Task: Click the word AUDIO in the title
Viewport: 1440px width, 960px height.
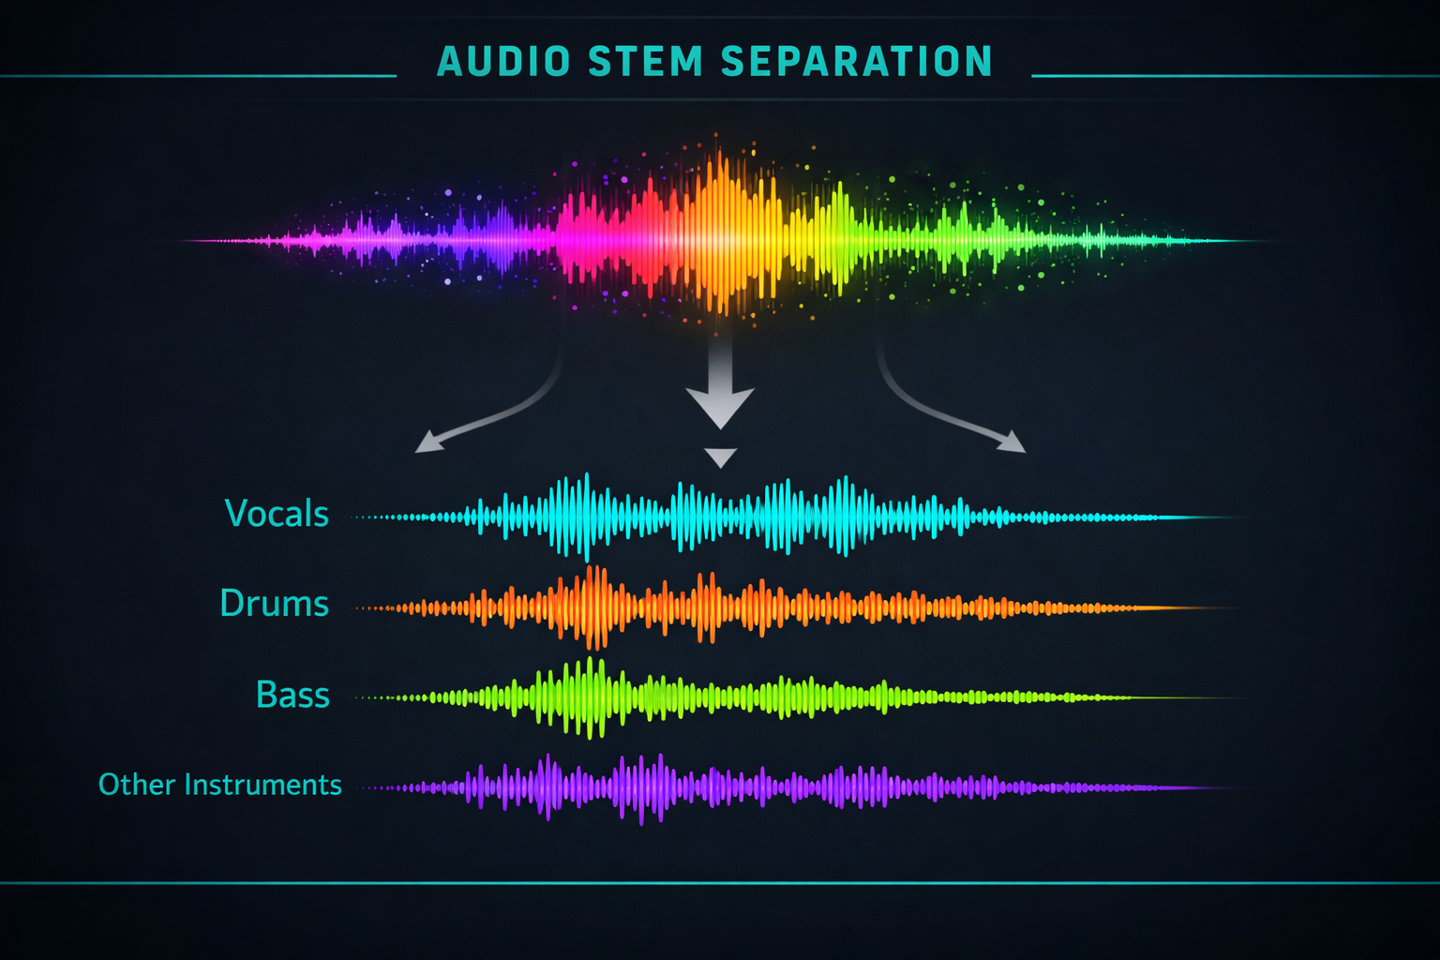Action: pyautogui.click(x=503, y=61)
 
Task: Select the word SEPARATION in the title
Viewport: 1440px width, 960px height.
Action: pyautogui.click(x=857, y=61)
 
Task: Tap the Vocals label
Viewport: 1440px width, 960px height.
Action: pyautogui.click(x=277, y=514)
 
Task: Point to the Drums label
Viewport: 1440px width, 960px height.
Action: pyautogui.click(x=275, y=603)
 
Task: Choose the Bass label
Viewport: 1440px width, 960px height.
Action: pyautogui.click(x=292, y=695)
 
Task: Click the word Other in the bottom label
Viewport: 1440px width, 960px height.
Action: pyautogui.click(x=137, y=785)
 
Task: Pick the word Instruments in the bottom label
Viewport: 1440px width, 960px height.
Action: pyautogui.click(x=262, y=785)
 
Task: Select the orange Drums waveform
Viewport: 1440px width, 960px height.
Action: pyautogui.click(x=797, y=607)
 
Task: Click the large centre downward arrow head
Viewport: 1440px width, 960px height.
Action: pyautogui.click(x=720, y=406)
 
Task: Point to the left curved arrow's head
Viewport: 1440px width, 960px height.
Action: pyautogui.click(x=428, y=442)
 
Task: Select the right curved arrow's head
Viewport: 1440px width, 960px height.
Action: pyautogui.click(x=1012, y=442)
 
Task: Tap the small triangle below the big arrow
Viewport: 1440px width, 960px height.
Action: pyautogui.click(x=720, y=457)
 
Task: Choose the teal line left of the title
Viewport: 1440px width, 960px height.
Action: pyautogui.click(x=198, y=76)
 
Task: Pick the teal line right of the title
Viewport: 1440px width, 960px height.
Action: pyautogui.click(x=1236, y=76)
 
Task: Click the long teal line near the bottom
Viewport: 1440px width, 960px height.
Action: pyautogui.click(x=720, y=883)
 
